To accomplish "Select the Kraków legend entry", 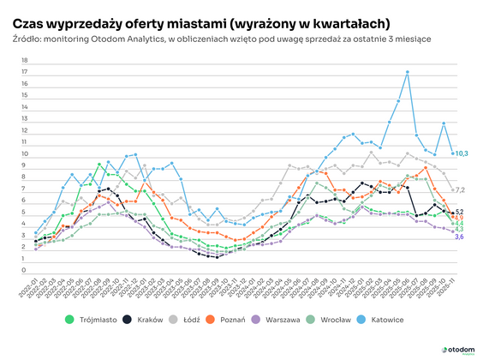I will tap(144, 320).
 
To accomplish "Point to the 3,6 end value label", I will tap(458, 237).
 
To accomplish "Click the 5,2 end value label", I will tap(458, 211).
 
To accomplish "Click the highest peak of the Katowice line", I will tap(407, 71).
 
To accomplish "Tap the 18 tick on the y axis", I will tap(24, 61).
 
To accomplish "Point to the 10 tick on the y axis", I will tap(24, 153).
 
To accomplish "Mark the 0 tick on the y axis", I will tap(25, 270).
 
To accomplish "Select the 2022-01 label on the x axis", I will tap(32, 288).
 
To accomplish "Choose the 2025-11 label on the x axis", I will tap(449, 288).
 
